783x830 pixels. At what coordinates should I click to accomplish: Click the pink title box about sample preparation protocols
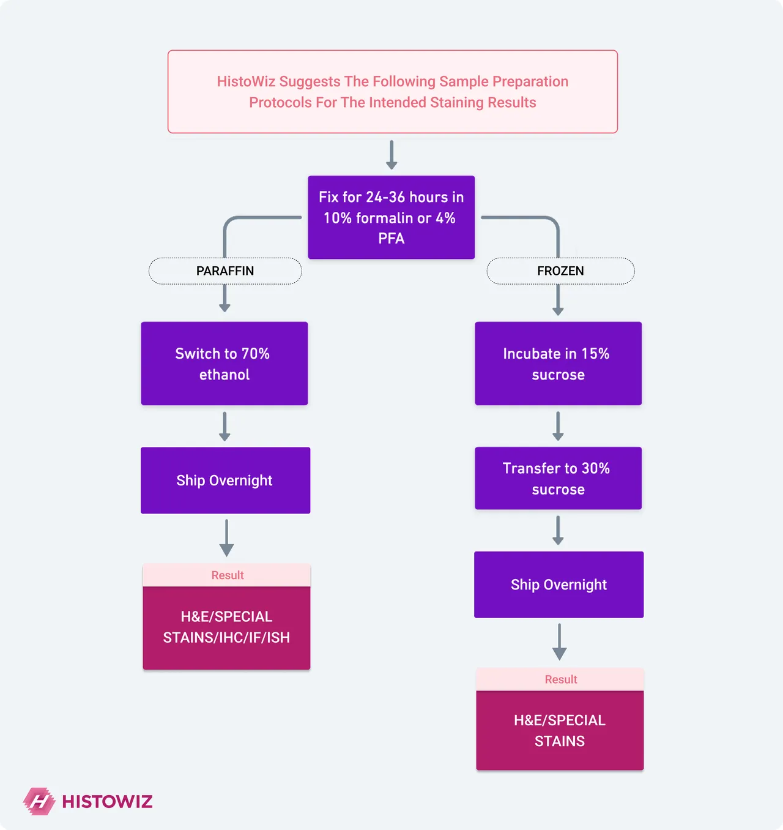(x=392, y=92)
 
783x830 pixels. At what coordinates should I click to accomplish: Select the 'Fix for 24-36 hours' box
(x=391, y=217)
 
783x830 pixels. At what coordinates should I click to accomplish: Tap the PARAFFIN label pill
(x=225, y=271)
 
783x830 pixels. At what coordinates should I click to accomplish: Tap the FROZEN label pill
(x=560, y=271)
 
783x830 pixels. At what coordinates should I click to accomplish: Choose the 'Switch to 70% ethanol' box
(x=225, y=363)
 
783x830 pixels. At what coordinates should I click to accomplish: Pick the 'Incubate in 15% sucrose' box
(x=558, y=363)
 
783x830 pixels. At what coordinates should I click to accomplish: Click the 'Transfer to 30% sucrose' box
(x=558, y=478)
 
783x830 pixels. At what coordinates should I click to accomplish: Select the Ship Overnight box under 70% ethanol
(x=226, y=480)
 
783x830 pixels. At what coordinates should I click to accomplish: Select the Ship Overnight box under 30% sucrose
(x=558, y=585)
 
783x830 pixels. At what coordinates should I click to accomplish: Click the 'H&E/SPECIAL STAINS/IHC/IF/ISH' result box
(x=226, y=628)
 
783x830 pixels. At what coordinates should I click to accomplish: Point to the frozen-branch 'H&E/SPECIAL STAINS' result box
(x=560, y=730)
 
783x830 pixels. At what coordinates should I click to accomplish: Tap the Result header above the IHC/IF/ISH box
(x=226, y=575)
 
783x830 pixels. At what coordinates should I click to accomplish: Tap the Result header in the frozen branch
(x=560, y=679)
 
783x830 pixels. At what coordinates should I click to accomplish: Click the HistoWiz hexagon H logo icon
(x=39, y=801)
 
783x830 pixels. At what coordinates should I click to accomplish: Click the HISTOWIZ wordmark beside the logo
(x=108, y=802)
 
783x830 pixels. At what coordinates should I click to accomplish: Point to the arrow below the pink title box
(x=391, y=155)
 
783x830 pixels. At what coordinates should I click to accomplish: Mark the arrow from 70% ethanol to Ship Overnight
(x=225, y=426)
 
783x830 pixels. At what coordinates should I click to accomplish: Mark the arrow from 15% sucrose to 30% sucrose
(x=558, y=426)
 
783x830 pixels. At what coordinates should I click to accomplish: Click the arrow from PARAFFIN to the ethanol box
(x=225, y=298)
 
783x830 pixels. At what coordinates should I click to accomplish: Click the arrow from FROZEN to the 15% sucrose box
(x=558, y=300)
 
